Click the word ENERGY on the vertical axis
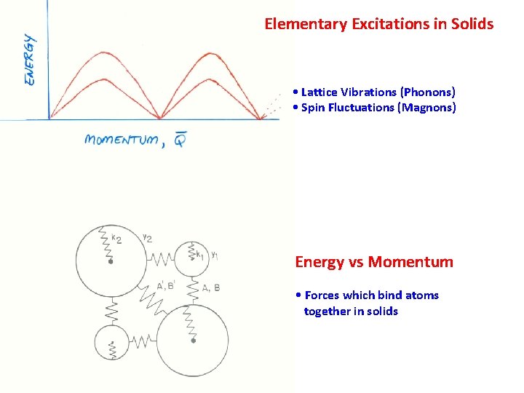(x=30, y=60)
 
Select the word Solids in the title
(x=472, y=24)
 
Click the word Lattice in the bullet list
(x=318, y=92)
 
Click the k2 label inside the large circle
(x=116, y=237)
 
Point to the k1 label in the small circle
(x=199, y=255)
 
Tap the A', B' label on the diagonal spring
(x=165, y=286)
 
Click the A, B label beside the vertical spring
(x=210, y=287)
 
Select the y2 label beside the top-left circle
(x=147, y=237)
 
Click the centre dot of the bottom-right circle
(x=194, y=340)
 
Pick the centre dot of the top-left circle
(x=110, y=262)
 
